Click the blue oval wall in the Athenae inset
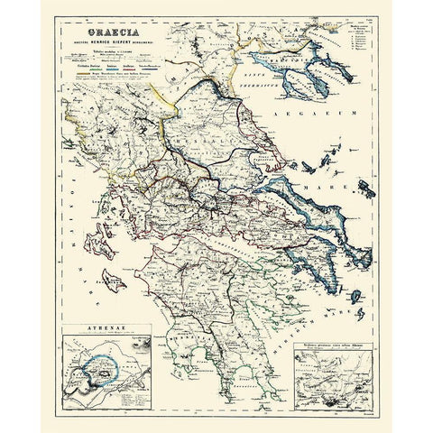click(100, 366)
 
